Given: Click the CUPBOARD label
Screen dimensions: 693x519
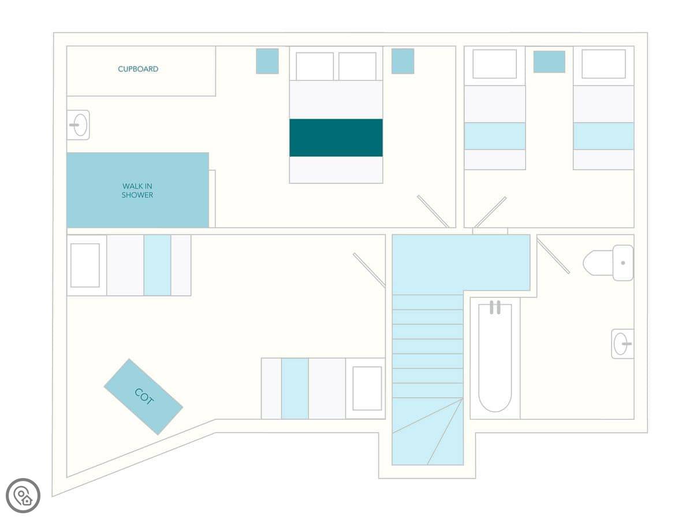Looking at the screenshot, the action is coord(138,69).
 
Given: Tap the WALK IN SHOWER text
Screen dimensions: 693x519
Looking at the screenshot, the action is coord(137,190).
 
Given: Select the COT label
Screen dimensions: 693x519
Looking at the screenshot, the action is coord(144,396).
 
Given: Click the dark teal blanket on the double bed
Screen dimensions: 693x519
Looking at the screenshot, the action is coord(336,138).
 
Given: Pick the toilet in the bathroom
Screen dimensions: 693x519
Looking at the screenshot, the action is coord(608,262).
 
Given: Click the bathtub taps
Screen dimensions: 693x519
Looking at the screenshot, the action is coord(495,307).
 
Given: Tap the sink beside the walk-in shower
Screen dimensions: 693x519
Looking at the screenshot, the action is coord(79,125).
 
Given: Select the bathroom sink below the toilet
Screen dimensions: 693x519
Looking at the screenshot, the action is coord(623,344).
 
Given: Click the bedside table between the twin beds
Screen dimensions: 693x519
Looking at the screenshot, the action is coord(549,62).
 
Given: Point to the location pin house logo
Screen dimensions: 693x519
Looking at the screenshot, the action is coord(23,495).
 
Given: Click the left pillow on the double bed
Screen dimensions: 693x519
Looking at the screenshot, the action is coord(315,66).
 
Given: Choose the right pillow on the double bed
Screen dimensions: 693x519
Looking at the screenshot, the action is coord(357,66).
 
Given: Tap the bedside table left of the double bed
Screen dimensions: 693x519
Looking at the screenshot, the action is coord(267,61).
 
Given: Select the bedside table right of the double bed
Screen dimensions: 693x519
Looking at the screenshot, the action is coord(403,61).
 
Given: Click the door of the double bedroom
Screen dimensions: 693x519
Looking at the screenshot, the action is coord(433,212).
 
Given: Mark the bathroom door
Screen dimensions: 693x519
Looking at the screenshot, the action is coord(553,256).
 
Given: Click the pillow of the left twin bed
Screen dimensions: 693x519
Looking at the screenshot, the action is coord(494,64).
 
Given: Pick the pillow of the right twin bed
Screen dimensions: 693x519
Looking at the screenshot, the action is coord(603,63).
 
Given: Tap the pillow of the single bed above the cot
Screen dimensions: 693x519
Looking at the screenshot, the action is coord(85,265).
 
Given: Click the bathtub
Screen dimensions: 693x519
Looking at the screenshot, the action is coord(495,358).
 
